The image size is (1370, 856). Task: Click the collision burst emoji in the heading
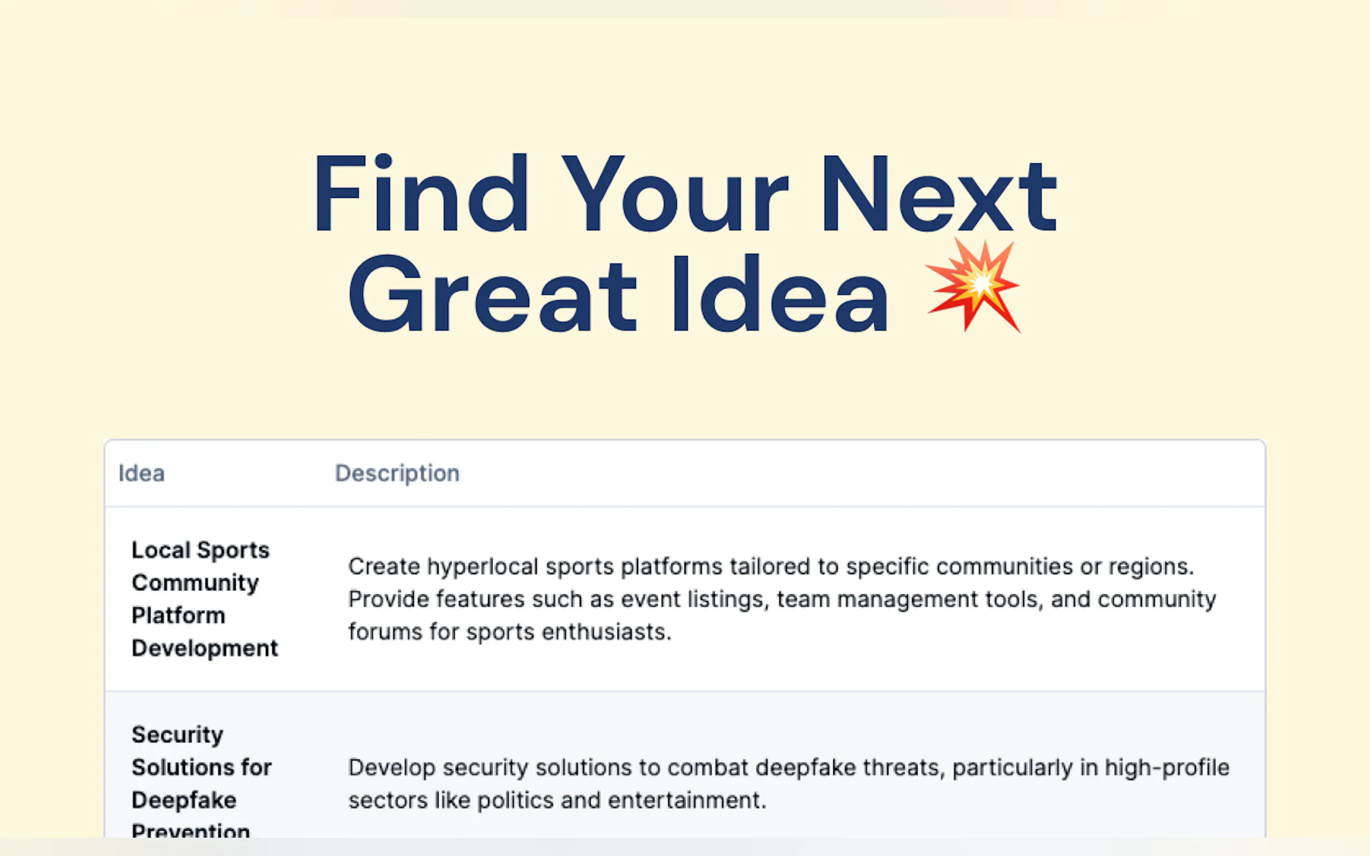click(x=973, y=285)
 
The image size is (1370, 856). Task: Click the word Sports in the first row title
click(x=234, y=550)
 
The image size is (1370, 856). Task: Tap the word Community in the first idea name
click(x=195, y=583)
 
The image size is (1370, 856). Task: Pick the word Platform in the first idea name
click(x=179, y=616)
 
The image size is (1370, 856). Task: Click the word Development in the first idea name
click(x=205, y=648)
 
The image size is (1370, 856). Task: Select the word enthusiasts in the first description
click(x=607, y=632)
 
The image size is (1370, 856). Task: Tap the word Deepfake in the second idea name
click(x=184, y=800)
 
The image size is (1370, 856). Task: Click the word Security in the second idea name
click(x=177, y=735)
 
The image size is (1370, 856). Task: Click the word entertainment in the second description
click(x=687, y=800)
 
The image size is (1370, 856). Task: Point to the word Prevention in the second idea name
click(x=191, y=831)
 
